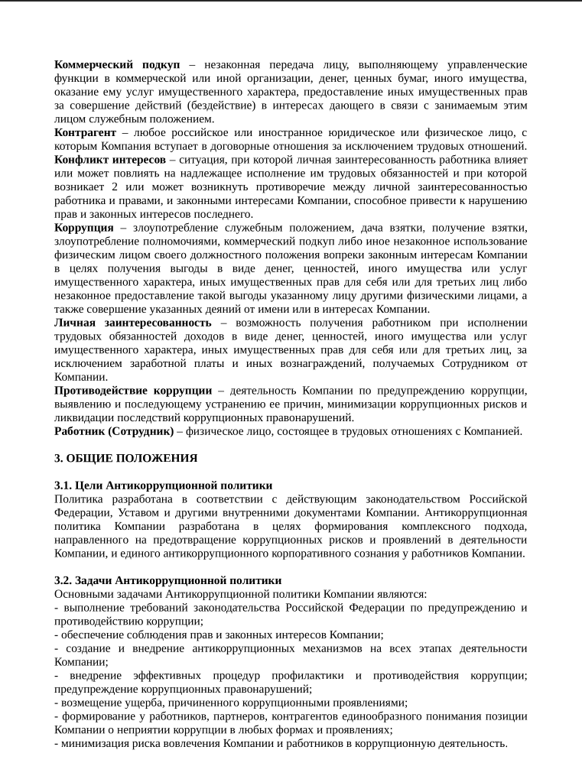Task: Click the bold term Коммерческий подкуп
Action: click(x=117, y=64)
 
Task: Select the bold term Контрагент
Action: click(x=85, y=132)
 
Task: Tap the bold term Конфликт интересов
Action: click(x=110, y=160)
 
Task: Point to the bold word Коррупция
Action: click(x=84, y=228)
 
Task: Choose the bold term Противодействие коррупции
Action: click(x=133, y=391)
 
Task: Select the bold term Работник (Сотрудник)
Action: click(x=114, y=431)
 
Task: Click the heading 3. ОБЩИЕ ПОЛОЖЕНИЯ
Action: click(x=125, y=459)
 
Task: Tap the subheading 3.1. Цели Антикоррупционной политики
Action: click(x=163, y=485)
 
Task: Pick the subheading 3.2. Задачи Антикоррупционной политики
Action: click(x=167, y=581)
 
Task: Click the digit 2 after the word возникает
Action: click(x=115, y=187)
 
